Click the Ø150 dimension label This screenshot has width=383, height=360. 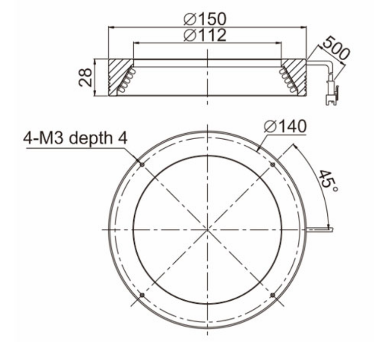coord(205,19)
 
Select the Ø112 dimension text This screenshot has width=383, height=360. coord(205,35)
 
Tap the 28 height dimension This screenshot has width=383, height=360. coord(85,77)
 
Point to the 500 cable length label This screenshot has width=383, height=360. coord(336,48)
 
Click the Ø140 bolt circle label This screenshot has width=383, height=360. coord(285,127)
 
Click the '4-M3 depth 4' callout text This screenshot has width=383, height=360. coord(75,138)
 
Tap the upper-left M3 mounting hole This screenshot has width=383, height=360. coord(142,165)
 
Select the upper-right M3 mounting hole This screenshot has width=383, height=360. coord(273,165)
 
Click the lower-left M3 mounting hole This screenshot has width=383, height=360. coord(142,295)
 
